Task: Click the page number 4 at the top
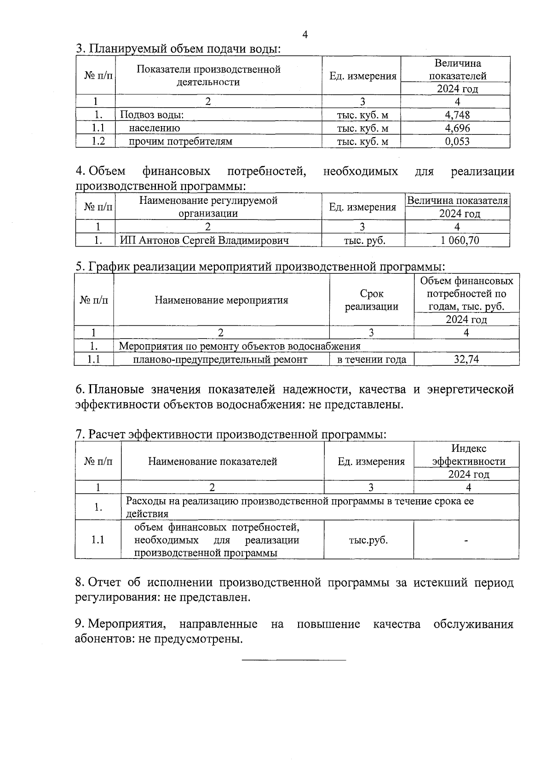tap(305, 35)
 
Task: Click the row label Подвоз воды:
tap(152, 115)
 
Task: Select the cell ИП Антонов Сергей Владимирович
tap(204, 240)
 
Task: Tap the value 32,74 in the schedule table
tap(466, 359)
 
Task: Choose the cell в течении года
tap(372, 359)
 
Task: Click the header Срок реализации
tap(372, 300)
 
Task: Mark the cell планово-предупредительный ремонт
tap(220, 359)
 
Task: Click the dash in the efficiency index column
tap(466, 541)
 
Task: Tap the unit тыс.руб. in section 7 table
tap(368, 540)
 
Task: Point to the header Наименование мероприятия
tap(221, 300)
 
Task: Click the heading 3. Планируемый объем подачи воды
tap(178, 48)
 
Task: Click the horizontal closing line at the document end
tap(293, 660)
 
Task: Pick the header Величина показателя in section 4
tap(457, 201)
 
